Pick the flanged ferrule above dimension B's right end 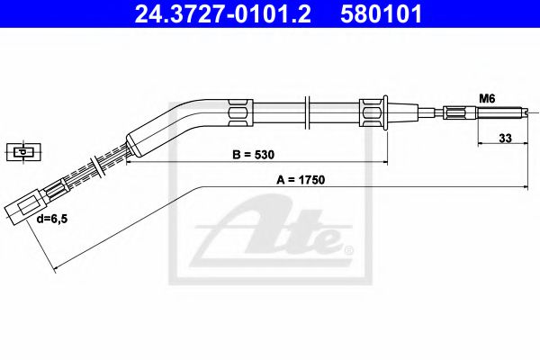373,113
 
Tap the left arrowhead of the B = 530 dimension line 128,164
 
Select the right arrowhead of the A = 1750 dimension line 526,186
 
